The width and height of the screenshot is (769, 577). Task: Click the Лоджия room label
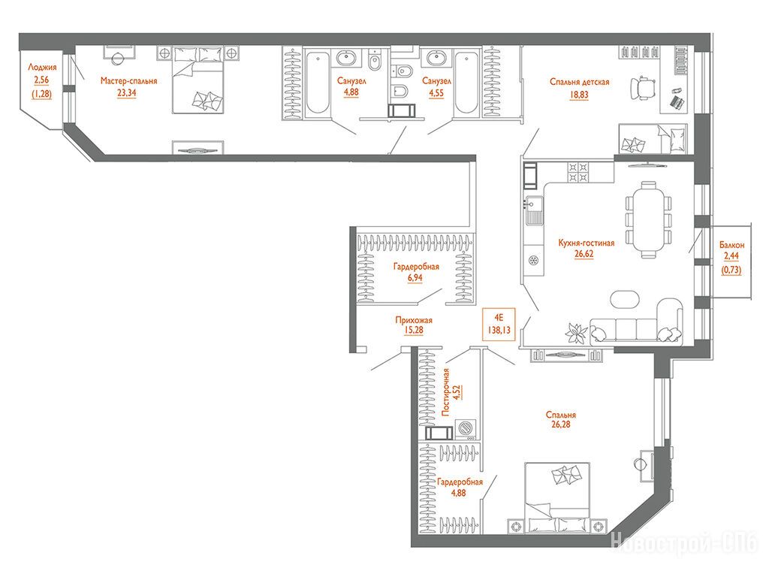click(42, 67)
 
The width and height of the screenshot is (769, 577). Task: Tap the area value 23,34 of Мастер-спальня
click(126, 92)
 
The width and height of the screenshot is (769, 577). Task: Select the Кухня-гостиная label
click(586, 243)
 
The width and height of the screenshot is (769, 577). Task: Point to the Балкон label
click(731, 245)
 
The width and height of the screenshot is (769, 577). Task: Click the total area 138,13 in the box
click(499, 331)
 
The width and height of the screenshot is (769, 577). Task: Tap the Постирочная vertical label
click(445, 392)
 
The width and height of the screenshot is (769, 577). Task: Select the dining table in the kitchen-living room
click(648, 219)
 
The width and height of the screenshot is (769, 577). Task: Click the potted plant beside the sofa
click(577, 333)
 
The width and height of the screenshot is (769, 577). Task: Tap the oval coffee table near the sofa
click(625, 299)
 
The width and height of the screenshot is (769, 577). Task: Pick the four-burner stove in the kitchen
click(578, 172)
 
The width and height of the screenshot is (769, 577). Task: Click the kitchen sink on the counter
click(534, 210)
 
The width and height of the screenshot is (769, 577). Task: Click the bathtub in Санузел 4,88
click(318, 83)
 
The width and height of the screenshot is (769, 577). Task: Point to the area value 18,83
click(579, 94)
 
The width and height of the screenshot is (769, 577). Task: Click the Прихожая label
click(414, 320)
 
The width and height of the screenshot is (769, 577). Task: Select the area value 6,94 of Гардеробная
click(415, 278)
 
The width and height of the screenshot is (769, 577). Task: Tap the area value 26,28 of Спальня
click(560, 425)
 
